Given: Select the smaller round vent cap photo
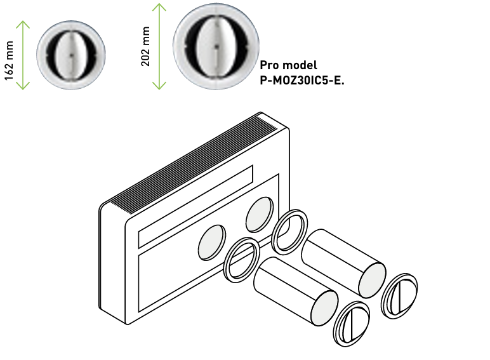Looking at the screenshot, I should click(70, 54).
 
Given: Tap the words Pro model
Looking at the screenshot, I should click(288, 65).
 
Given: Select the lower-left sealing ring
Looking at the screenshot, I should click(241, 259).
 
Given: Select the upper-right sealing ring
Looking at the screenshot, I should click(290, 231).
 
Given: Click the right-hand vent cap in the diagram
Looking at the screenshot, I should click(400, 295).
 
